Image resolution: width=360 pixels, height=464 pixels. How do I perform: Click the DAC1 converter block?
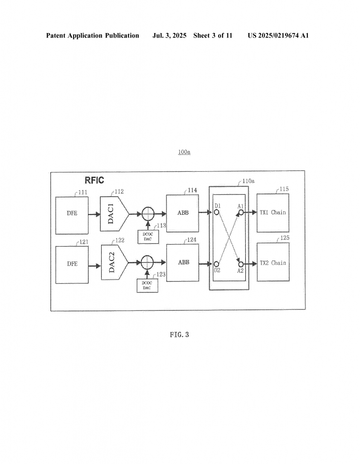(x=114, y=214)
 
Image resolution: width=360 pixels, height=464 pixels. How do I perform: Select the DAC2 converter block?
(x=115, y=262)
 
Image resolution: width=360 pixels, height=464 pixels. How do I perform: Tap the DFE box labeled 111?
(x=72, y=215)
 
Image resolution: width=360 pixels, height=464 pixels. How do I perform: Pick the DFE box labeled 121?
(x=72, y=265)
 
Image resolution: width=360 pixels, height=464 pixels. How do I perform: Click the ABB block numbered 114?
(x=182, y=213)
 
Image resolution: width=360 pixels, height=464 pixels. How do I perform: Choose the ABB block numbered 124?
(x=183, y=263)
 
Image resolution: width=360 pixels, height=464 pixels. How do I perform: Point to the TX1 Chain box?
(x=273, y=213)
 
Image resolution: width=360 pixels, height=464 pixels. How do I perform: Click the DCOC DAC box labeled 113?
(x=148, y=237)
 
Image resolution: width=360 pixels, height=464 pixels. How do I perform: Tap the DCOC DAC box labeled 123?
(x=147, y=285)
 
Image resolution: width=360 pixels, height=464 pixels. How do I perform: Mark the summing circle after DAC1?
(x=148, y=214)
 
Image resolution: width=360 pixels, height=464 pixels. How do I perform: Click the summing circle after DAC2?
(x=147, y=262)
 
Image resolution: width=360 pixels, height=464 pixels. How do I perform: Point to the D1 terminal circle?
(x=216, y=212)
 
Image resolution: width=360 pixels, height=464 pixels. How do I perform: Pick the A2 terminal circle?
(x=241, y=264)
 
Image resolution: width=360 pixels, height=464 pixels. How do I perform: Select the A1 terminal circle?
(x=241, y=212)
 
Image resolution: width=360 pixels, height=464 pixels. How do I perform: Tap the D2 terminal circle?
(x=216, y=264)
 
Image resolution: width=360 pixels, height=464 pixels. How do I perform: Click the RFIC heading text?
(x=94, y=180)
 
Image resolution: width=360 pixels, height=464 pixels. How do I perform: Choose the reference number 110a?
(x=248, y=181)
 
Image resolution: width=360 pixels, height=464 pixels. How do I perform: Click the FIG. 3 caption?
(x=180, y=335)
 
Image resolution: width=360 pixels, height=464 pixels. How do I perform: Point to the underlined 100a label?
(x=184, y=152)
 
